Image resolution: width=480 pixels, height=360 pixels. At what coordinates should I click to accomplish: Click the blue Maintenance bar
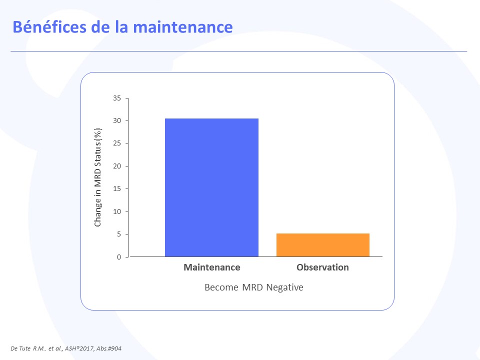pos(211,187)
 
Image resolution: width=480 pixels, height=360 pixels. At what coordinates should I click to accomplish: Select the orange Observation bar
pos(323,245)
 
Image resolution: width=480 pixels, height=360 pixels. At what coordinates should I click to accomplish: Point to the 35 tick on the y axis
pos(117,98)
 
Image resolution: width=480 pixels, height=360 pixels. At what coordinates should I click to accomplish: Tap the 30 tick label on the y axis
pos(117,120)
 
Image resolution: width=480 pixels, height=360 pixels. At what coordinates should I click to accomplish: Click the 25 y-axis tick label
pos(117,143)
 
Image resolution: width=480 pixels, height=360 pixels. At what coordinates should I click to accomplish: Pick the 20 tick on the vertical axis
pos(117,166)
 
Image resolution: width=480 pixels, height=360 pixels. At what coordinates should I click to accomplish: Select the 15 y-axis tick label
pos(117,188)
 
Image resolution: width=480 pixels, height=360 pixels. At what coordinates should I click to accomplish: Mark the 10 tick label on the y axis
pos(117,211)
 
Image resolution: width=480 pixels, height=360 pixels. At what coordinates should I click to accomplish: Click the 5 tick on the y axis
pos(119,234)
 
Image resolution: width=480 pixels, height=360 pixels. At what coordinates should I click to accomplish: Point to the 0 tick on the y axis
pos(119,257)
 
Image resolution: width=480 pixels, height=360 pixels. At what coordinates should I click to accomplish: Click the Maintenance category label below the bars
pos(212,267)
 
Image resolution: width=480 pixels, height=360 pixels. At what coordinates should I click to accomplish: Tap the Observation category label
pos(322,267)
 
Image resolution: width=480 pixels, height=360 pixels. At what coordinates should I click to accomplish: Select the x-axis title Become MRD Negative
pos(254,287)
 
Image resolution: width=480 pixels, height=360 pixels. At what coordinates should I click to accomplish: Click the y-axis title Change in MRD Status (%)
pos(97,177)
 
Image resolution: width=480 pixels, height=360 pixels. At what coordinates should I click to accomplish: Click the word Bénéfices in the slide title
pos(49,27)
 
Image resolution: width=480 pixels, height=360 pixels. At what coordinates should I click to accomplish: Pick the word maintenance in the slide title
pos(183,27)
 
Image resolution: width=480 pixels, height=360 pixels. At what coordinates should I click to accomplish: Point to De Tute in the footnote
pos(20,348)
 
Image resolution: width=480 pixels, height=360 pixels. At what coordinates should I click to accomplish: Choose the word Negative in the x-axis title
pos(284,287)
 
